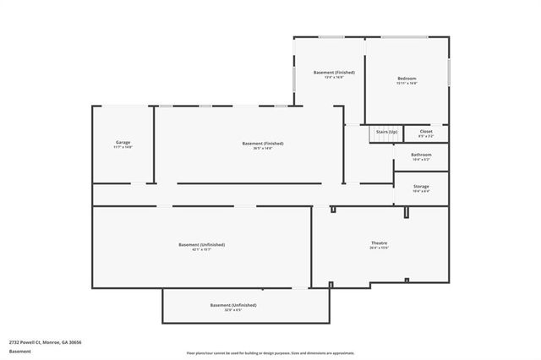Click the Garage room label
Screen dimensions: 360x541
coord(123,142)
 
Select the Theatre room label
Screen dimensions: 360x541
coord(379,243)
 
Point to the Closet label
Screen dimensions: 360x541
coord(426,131)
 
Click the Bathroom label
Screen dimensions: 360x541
coord(421,155)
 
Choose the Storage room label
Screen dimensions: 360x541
coord(421,186)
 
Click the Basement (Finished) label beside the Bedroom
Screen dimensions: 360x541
coord(334,73)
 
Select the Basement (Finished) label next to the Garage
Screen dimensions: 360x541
coord(263,144)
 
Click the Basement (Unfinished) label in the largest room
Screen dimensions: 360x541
coord(201,244)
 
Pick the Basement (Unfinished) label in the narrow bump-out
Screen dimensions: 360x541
coord(233,304)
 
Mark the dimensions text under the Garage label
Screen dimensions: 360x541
coord(123,148)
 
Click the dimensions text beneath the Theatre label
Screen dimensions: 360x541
coord(379,248)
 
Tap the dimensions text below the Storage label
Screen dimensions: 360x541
coord(421,191)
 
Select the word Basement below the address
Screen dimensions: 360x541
coord(20,351)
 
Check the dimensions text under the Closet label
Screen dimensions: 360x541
coord(426,136)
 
